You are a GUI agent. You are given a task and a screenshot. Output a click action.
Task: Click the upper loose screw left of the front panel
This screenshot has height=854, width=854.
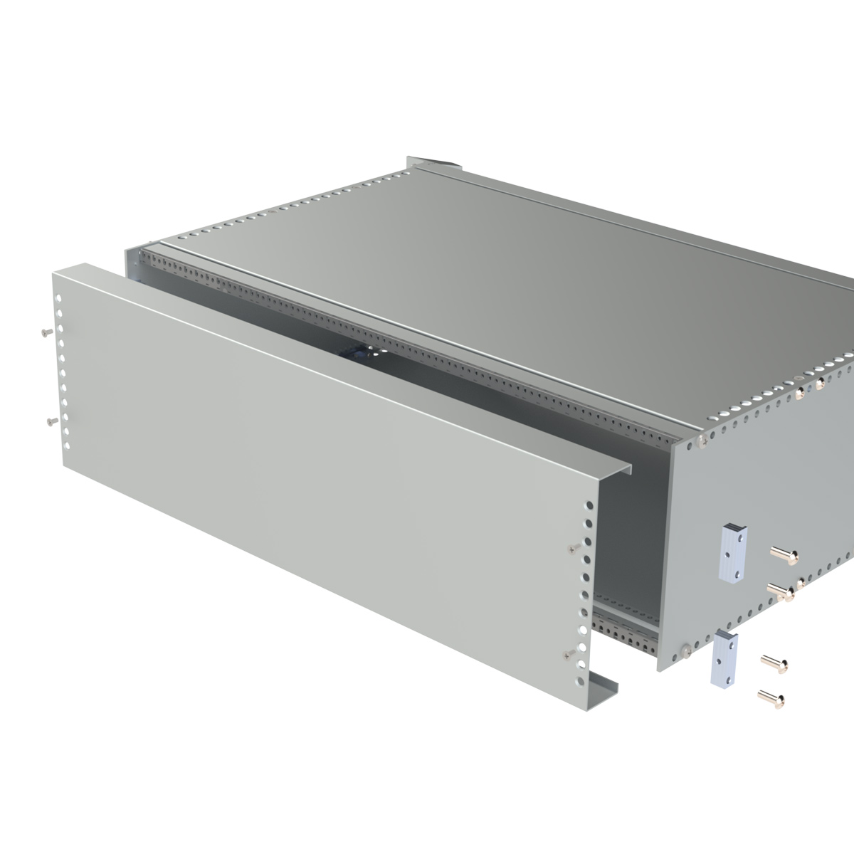(47, 332)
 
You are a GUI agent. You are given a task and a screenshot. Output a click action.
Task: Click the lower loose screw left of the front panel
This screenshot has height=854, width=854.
(50, 422)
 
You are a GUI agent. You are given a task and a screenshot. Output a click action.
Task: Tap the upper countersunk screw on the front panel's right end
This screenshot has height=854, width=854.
(574, 547)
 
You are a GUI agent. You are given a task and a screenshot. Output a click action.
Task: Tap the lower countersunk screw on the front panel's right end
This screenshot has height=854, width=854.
(568, 653)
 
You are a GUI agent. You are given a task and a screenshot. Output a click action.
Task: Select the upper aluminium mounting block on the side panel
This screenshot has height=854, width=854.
(734, 553)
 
